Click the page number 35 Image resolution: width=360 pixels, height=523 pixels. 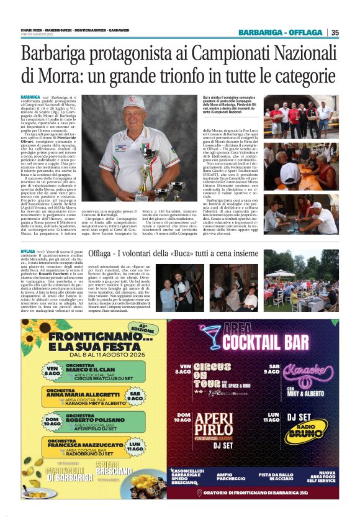click(335, 32)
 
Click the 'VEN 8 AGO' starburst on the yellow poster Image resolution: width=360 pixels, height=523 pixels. click(37, 371)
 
